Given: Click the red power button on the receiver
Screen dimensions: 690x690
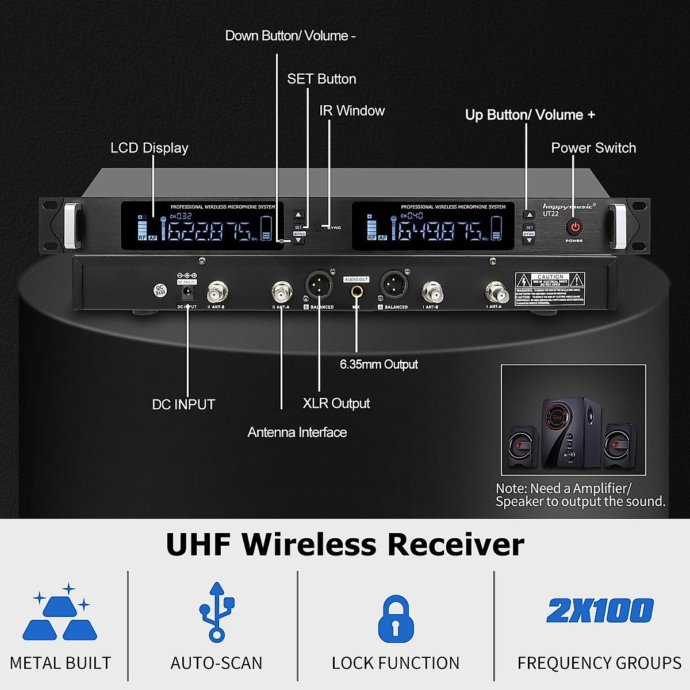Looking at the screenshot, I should point(575,227).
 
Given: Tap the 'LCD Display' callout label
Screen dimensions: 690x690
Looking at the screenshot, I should point(149,148).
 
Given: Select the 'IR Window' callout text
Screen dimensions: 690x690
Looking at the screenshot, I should point(352,111).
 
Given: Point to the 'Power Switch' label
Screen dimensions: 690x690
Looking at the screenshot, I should point(593,148).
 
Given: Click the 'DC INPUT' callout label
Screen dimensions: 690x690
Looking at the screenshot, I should point(183,405).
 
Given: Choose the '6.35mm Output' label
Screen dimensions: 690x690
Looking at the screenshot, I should point(379,365).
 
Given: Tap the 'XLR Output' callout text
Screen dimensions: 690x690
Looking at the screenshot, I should point(336,404).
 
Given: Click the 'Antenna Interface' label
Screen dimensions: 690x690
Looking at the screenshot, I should point(297,432).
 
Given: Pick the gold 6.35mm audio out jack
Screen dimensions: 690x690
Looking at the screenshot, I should point(356,292).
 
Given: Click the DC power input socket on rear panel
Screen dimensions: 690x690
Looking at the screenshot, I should point(187,293).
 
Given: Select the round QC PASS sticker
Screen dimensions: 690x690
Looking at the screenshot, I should point(160,290).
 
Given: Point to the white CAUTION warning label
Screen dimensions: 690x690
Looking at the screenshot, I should point(550,289).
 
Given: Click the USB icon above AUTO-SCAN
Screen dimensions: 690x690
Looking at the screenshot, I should point(217,612).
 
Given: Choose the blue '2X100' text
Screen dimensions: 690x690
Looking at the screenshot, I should point(600,611).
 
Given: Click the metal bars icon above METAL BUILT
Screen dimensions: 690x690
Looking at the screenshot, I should point(60,614).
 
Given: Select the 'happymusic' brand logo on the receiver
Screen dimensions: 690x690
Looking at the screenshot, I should point(568,206).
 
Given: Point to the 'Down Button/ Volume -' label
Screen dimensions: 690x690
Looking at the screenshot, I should point(290,36).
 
